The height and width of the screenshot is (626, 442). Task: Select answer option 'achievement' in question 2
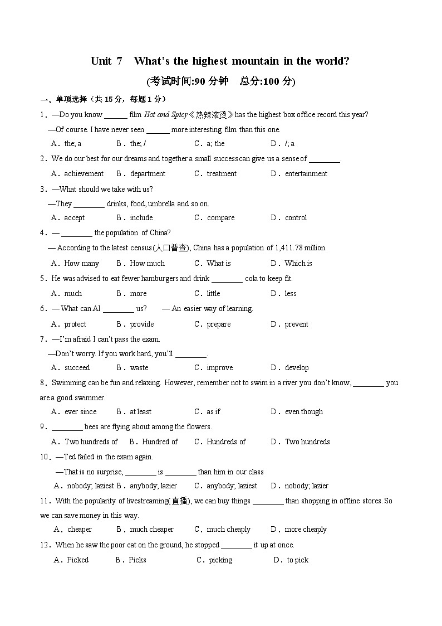click(x=84, y=173)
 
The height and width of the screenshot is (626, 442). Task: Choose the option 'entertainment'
click(x=306, y=173)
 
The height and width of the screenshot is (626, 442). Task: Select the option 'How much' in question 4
click(x=147, y=263)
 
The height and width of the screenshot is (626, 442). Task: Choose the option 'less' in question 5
click(x=291, y=293)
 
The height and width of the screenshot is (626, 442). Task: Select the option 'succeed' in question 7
click(x=77, y=367)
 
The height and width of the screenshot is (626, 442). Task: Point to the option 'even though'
click(x=303, y=411)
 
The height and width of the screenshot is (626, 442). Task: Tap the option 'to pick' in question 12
click(x=297, y=560)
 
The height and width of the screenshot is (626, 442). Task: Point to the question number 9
click(x=42, y=426)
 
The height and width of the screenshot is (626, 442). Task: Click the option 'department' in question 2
click(x=148, y=173)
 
